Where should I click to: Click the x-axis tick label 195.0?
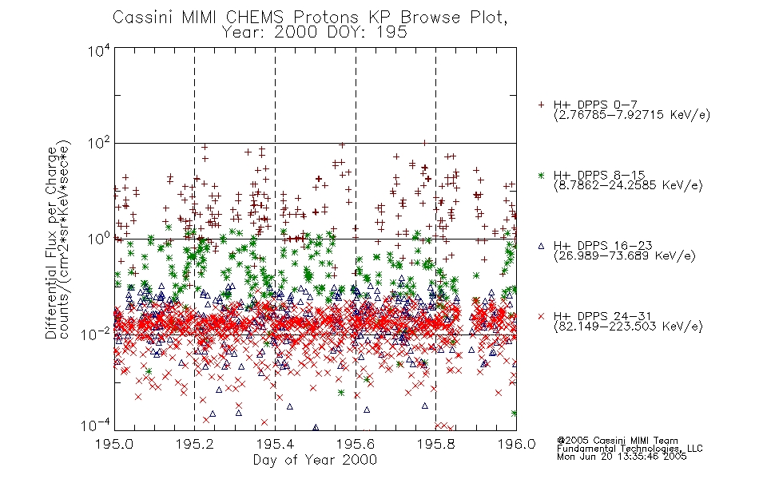(x=114, y=444)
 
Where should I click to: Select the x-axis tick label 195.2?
(x=195, y=444)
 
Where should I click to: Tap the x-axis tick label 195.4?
(x=275, y=444)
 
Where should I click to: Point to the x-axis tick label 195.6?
(x=356, y=444)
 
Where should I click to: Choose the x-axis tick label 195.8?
(x=436, y=444)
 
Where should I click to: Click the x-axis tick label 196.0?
(x=516, y=444)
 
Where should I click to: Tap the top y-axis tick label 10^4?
(x=99, y=51)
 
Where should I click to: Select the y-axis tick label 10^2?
(x=99, y=144)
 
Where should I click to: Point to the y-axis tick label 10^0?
(x=99, y=239)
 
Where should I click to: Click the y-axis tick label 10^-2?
(x=96, y=335)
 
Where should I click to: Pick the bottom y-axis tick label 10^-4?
(x=96, y=426)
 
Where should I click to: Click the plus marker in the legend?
(x=541, y=105)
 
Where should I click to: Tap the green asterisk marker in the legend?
(x=541, y=175)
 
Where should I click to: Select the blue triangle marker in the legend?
(x=541, y=246)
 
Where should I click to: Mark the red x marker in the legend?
(x=541, y=316)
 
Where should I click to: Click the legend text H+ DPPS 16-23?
(x=602, y=246)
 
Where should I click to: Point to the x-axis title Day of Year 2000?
(x=315, y=460)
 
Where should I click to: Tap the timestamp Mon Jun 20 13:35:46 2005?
(x=622, y=457)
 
